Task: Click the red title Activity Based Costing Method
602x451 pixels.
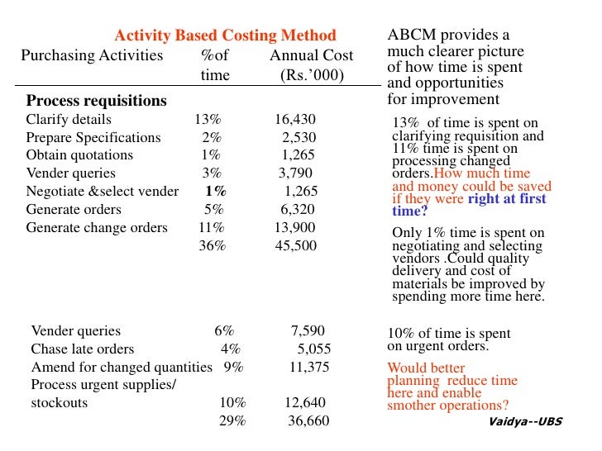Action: (x=225, y=36)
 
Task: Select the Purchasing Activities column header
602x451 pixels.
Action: (x=92, y=56)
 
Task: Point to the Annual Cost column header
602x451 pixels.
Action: (x=311, y=56)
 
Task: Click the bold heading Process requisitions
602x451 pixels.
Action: (x=96, y=101)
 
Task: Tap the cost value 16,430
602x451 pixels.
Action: (x=294, y=119)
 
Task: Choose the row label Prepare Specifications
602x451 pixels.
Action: (x=93, y=137)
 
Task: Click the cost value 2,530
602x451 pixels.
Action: (x=299, y=137)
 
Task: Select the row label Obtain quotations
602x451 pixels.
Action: (x=79, y=155)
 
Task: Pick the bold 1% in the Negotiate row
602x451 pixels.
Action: (x=216, y=192)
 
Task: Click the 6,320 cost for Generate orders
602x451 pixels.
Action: (x=298, y=210)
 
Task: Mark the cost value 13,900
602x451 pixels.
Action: (x=294, y=228)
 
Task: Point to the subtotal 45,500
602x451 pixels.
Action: (x=294, y=246)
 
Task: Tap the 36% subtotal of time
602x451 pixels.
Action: (x=212, y=246)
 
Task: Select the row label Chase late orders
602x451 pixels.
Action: (x=82, y=349)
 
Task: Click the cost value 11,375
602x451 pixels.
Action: (x=308, y=368)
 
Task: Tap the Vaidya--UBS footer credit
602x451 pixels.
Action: (x=524, y=421)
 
